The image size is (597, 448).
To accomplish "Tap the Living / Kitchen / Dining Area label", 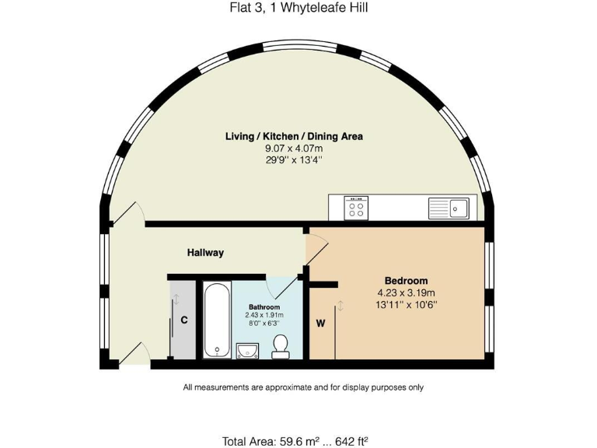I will [294, 136].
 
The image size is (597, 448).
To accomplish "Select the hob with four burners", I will [358, 208].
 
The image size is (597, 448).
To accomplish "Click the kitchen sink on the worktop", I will [449, 208].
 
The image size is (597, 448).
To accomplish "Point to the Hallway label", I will [205, 253].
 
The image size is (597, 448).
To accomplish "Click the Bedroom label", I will [406, 281].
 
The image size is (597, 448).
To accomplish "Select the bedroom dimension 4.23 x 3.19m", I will [406, 293].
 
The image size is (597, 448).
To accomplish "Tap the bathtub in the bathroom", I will [216, 320].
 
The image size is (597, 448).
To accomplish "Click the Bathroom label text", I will [264, 307].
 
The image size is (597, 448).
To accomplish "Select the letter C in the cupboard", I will [185, 320].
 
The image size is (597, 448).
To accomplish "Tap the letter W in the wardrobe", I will [319, 322].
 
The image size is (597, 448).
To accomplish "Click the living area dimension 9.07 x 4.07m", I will [294, 148].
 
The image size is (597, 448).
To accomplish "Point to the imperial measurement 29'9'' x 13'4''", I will [294, 159].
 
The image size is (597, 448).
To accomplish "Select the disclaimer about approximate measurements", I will [303, 387].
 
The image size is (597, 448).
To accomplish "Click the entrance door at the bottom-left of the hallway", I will [130, 354].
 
